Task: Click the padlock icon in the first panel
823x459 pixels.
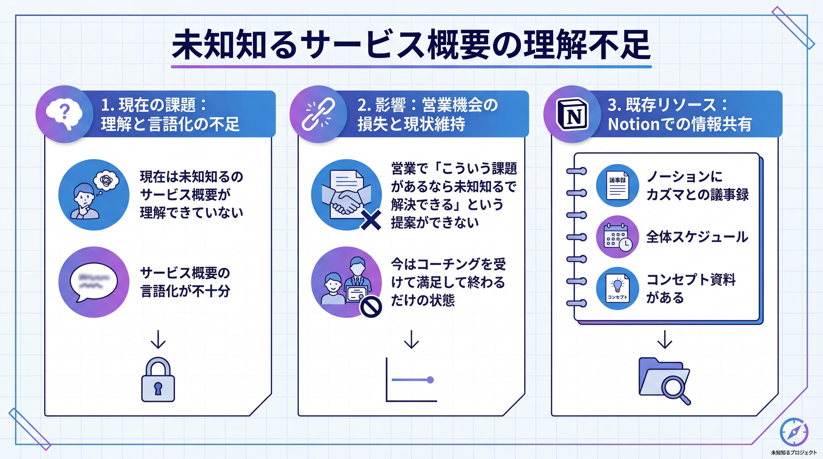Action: pos(158,380)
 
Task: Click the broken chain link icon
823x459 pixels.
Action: pos(318,114)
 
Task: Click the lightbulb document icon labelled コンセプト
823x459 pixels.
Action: pos(617,288)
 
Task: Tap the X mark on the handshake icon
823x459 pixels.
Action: pos(371,220)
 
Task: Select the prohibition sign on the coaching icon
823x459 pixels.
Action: pos(371,307)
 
